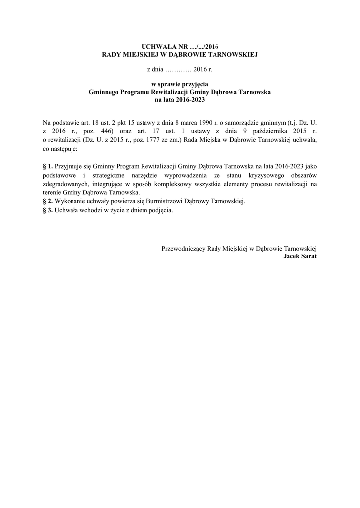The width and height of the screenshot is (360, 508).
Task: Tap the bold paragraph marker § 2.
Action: tap(48, 202)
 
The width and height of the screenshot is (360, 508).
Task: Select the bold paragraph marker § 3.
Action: tap(48, 211)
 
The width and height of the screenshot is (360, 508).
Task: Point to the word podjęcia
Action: tap(161, 211)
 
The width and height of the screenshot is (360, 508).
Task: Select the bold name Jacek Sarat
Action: tap(300, 256)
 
